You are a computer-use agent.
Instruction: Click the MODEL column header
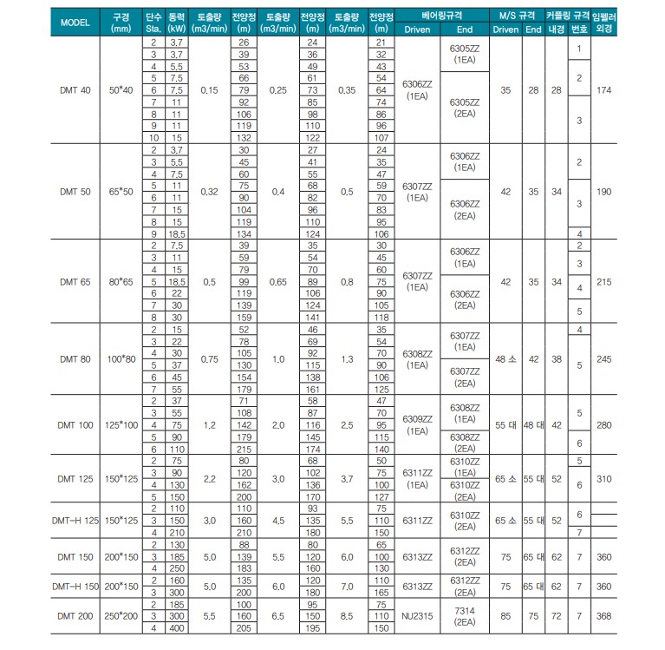coord(75,22)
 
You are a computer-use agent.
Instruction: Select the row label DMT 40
coord(75,89)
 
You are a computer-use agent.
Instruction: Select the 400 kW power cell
coord(177,627)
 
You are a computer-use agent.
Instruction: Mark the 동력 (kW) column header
coord(177,22)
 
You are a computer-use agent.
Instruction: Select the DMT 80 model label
coord(75,358)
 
